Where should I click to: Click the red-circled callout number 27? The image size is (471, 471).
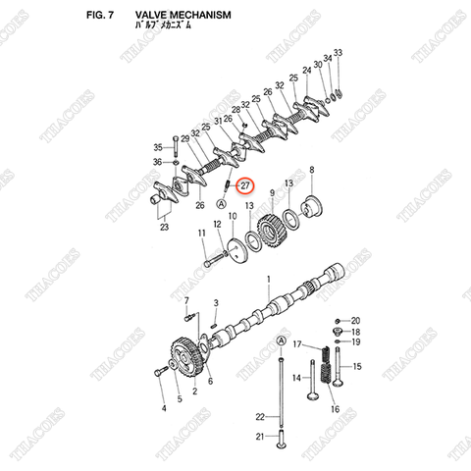click(246, 184)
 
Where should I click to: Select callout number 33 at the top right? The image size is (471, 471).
click(338, 51)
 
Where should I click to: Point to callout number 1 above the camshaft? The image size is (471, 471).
click(269, 280)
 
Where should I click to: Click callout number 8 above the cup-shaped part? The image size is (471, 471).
click(312, 171)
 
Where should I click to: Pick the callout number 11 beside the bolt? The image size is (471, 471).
click(202, 233)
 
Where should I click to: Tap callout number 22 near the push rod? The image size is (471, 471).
click(260, 416)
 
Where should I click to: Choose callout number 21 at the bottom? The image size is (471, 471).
click(260, 437)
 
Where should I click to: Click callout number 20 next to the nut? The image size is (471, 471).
click(356, 321)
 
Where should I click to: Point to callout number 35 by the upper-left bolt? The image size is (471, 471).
click(157, 146)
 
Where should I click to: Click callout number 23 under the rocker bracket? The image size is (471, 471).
click(164, 228)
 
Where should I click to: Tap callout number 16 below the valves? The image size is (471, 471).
click(334, 409)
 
